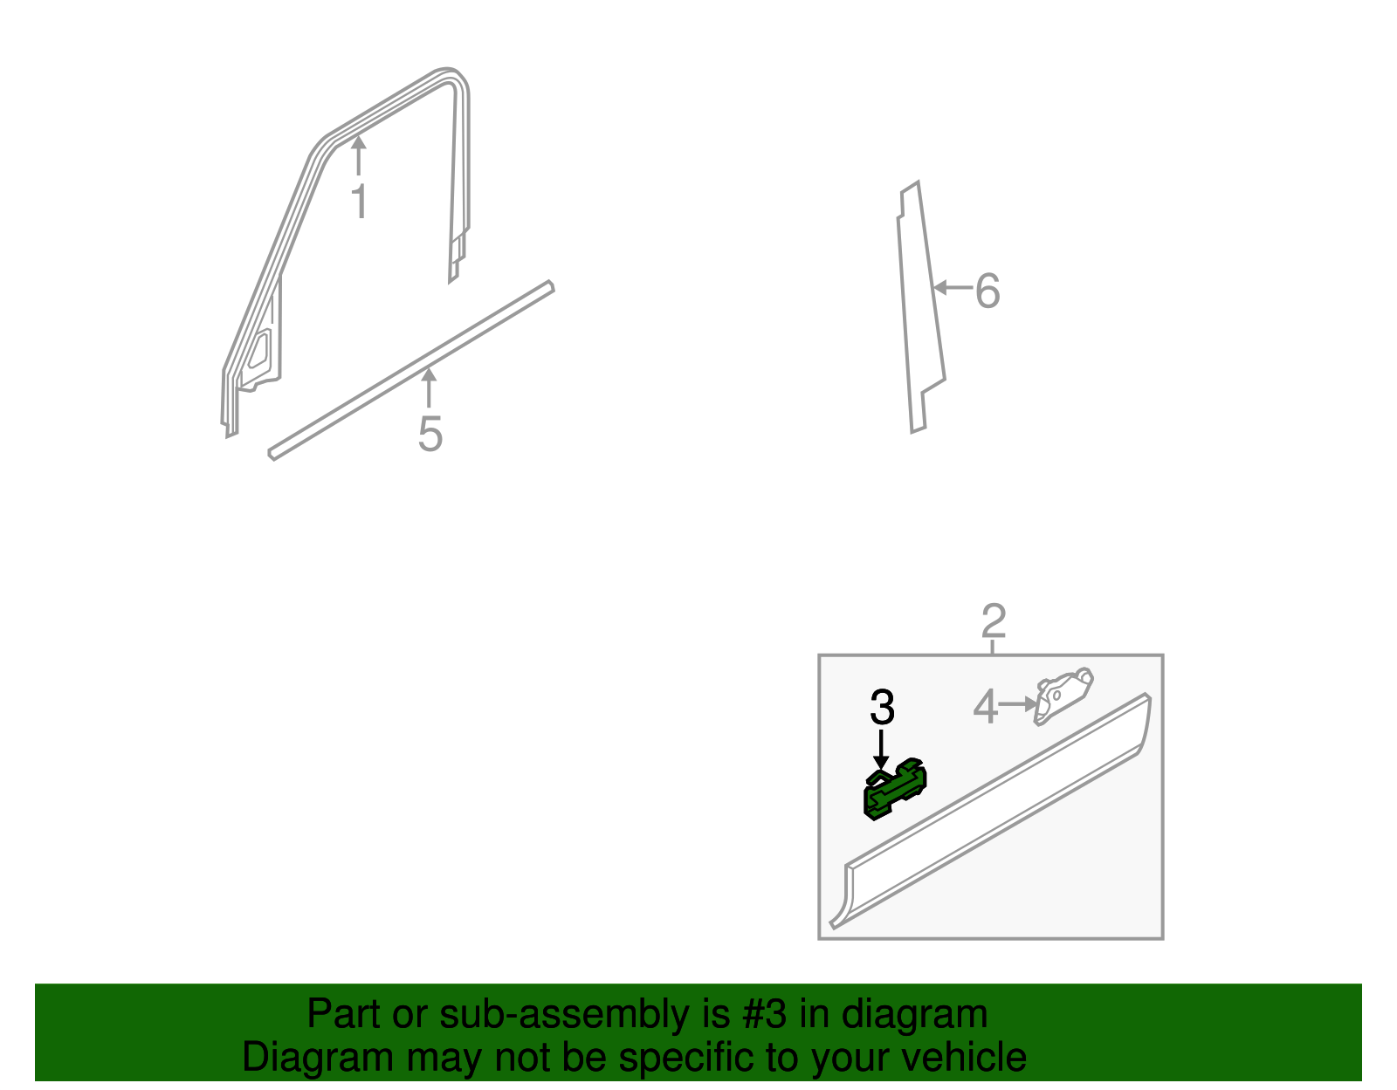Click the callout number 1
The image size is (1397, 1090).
coord(361,201)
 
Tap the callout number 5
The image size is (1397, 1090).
coord(430,434)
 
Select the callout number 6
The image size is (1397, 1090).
coord(988,291)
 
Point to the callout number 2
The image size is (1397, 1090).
coord(994,620)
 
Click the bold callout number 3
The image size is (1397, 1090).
coord(882,707)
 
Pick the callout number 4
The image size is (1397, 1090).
coord(986,706)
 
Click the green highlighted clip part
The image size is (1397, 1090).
coord(894,790)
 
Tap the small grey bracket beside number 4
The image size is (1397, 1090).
coord(1063,696)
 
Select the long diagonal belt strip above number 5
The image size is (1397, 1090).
coord(411,370)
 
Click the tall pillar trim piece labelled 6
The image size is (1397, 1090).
coord(920,308)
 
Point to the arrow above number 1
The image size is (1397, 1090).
coord(359,155)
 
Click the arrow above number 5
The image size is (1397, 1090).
coord(429,388)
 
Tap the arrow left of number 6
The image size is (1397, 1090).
coord(953,287)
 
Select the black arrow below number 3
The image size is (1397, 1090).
coord(881,749)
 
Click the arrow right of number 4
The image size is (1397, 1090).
coord(1018,704)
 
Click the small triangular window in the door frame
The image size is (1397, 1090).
coord(259,351)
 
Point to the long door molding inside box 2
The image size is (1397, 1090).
coord(991,811)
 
